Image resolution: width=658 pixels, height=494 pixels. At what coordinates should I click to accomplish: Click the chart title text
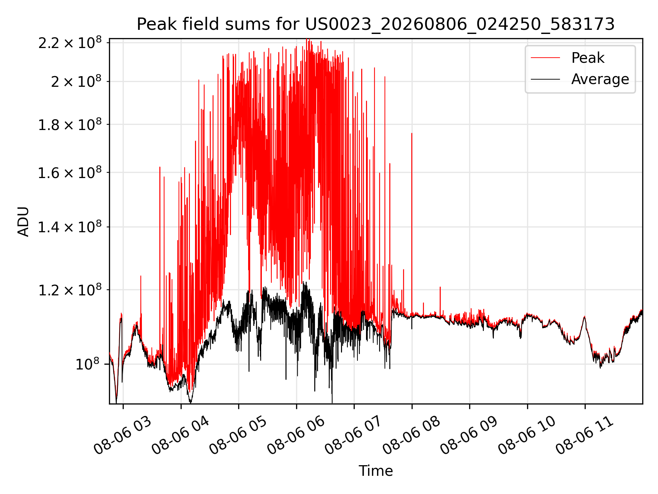376,24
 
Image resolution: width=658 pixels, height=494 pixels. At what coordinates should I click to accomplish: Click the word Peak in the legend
588,58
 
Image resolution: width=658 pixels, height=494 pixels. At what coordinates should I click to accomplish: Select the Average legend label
600,79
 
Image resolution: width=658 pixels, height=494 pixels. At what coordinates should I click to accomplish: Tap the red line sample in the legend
545,58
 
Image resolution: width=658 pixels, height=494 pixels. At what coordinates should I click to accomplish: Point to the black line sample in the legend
545,79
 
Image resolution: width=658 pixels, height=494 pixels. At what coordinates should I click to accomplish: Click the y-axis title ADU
23,221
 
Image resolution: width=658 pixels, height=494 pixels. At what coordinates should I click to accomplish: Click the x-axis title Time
376,471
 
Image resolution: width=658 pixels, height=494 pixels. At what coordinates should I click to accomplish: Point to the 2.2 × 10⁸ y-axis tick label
70,43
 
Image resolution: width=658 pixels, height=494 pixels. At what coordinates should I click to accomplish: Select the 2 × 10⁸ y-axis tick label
76,81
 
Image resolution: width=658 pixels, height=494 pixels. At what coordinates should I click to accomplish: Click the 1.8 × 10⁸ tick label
70,125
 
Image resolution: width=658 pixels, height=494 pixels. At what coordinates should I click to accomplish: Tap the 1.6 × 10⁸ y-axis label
70,173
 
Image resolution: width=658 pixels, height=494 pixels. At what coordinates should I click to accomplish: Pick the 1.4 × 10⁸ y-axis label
70,227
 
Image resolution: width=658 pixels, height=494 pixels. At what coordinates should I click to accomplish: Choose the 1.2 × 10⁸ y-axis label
70,290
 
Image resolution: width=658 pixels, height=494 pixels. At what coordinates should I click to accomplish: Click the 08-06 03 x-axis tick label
123,436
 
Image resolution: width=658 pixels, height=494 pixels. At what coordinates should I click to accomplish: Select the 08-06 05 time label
238,436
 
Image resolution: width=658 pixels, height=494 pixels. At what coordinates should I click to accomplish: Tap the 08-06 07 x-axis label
354,436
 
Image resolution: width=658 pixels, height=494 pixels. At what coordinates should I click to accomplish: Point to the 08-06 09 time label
469,436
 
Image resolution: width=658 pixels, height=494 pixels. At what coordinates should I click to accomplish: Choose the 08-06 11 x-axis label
585,436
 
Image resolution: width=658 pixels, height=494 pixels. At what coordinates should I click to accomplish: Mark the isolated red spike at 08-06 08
412,223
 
